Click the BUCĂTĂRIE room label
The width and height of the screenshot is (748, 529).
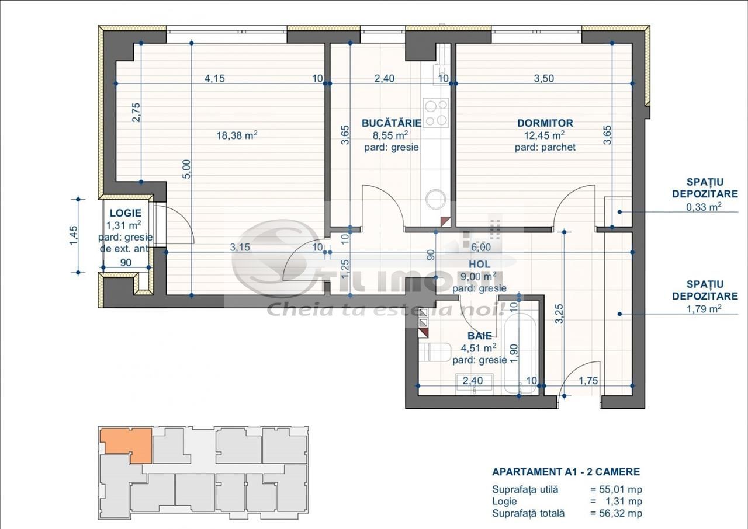pyautogui.click(x=391, y=123)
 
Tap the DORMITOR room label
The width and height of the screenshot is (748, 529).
pyautogui.click(x=545, y=123)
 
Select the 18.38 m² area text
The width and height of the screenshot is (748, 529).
pyautogui.click(x=237, y=135)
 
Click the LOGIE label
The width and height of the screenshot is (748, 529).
pyautogui.click(x=125, y=213)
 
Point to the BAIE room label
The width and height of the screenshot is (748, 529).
pyautogui.click(x=479, y=336)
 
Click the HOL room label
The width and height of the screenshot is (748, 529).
pyautogui.click(x=479, y=264)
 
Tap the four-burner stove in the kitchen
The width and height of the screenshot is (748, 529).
pyautogui.click(x=435, y=113)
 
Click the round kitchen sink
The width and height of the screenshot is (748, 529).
pyautogui.click(x=436, y=200)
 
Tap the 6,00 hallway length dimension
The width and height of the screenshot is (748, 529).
pyautogui.click(x=480, y=247)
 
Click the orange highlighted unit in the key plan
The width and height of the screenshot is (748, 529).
pyautogui.click(x=126, y=442)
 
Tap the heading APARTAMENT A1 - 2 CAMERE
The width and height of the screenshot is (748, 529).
pyautogui.click(x=566, y=472)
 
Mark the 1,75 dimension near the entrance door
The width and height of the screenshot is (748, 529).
pyautogui.click(x=590, y=381)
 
